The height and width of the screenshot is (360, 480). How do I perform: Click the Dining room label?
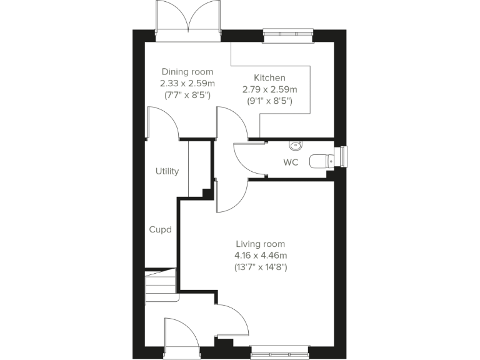pos(187,72)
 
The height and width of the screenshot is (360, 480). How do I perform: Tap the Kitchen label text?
pos(269,77)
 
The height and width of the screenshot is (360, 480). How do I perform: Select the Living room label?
pos(261,244)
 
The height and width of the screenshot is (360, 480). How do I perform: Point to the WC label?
pos(291,162)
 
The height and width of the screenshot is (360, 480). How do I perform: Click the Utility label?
pos(167,171)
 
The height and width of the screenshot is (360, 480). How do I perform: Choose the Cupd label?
pos(160,229)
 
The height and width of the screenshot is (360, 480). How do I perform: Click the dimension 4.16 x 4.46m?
pos(261,255)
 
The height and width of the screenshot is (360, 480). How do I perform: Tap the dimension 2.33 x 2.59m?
pos(187,83)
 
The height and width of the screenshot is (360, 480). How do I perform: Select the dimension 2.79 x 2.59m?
pos(269,89)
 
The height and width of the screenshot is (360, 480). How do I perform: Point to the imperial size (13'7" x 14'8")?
pos(261,267)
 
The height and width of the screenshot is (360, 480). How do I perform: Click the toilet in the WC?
pos(322,161)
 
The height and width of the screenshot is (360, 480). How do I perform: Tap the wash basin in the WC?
pos(295,146)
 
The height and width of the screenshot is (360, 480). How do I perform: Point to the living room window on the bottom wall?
pos(280,352)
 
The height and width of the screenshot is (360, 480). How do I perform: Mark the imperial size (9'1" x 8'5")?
pos(269,100)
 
